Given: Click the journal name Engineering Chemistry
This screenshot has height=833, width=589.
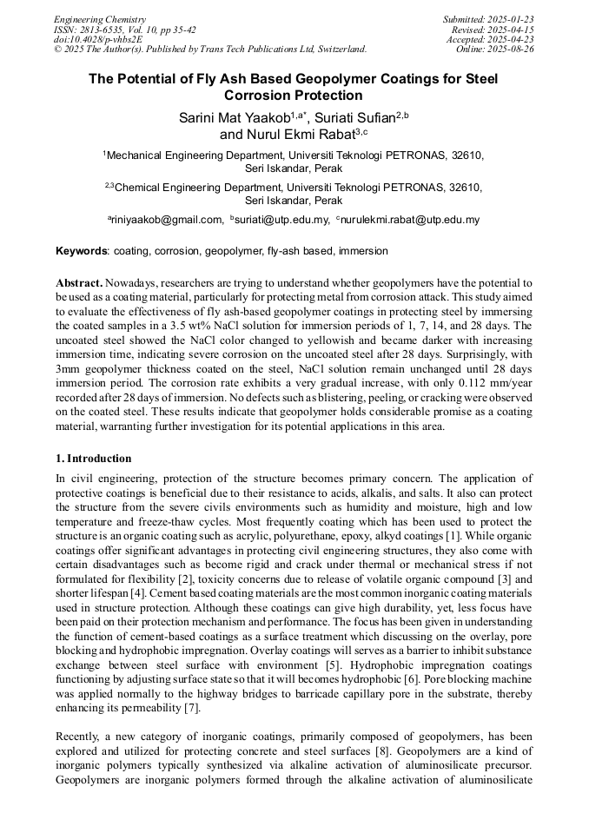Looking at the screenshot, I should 100,19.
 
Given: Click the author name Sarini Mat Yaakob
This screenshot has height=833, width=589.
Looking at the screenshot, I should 235,116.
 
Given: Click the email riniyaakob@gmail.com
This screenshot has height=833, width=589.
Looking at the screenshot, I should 167,220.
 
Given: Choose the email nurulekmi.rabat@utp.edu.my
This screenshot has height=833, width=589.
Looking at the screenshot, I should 410,220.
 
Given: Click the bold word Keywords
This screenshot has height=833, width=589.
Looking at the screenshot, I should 81,251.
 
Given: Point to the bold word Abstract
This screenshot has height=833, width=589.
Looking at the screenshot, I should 79,283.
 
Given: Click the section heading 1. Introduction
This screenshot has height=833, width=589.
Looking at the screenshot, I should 93,459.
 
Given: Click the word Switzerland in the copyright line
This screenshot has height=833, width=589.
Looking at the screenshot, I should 334,50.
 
